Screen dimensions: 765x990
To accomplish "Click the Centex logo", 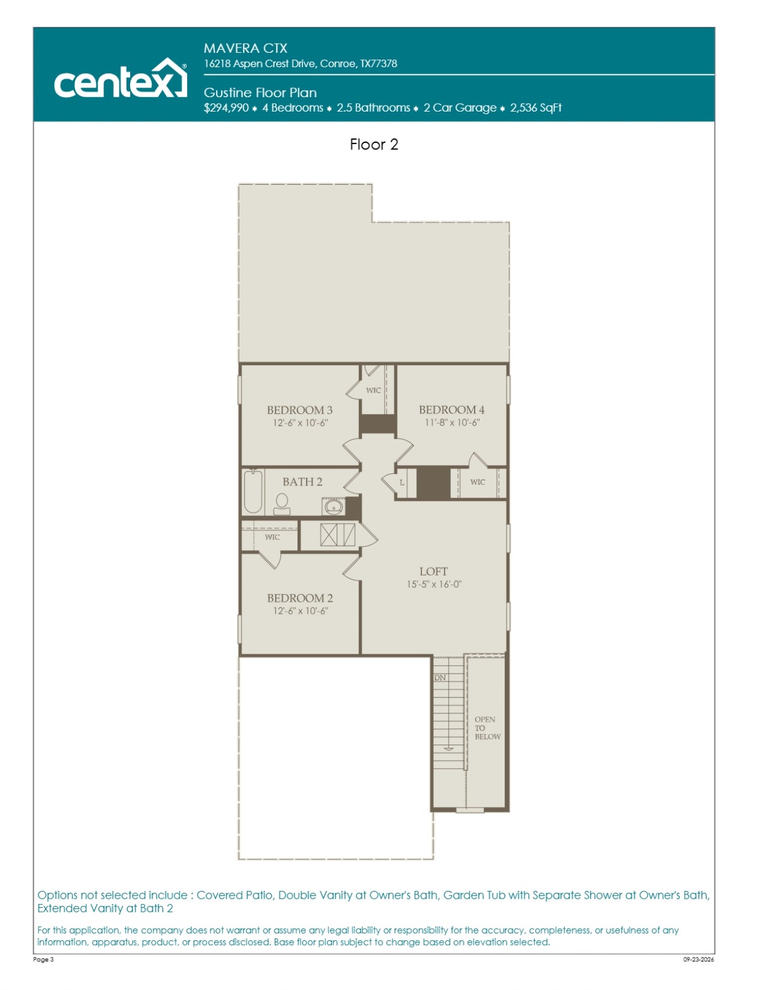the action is [120, 78].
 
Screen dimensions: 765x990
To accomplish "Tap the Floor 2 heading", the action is [374, 145].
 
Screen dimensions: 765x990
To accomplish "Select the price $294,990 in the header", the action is [226, 108].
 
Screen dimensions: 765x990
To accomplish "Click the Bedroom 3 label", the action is [300, 410].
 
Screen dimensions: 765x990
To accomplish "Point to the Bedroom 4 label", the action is [452, 410].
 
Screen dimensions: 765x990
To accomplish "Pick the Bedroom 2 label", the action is [300, 598].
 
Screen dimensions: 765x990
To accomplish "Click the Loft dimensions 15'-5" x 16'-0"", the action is [434, 584].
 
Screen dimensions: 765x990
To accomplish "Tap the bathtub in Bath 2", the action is [253, 491].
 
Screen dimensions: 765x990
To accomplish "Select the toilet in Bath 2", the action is [282, 505].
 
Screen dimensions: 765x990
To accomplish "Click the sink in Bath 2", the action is [334, 506].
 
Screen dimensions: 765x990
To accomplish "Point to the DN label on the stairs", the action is [440, 677].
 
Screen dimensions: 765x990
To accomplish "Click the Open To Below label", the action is [487, 728].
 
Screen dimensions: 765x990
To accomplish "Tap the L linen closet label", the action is [402, 482].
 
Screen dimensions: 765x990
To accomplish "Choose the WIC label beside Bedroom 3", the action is [373, 391].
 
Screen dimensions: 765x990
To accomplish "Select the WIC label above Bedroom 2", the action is [272, 537].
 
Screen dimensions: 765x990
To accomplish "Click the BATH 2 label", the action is [302, 482].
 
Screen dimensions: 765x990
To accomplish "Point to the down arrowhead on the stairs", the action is [449, 749].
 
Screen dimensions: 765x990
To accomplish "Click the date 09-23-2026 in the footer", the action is [698, 959].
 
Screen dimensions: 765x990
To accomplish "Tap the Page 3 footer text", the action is [43, 959].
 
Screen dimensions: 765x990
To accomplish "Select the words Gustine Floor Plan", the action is [260, 92].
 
